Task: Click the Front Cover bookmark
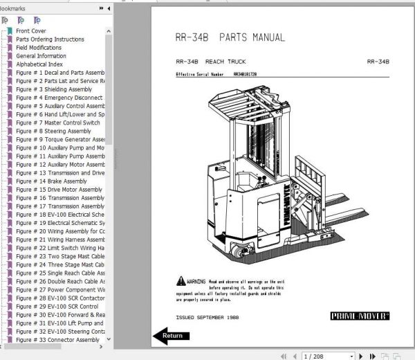point(31,31)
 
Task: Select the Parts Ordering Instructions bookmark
point(50,39)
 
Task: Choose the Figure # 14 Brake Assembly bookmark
point(51,181)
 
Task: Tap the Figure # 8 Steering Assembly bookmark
point(53,131)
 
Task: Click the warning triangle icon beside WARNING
point(180,282)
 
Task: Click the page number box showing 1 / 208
point(322,355)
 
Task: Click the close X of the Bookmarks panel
point(109,8)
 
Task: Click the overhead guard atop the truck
point(242,104)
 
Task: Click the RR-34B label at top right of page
point(378,62)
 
